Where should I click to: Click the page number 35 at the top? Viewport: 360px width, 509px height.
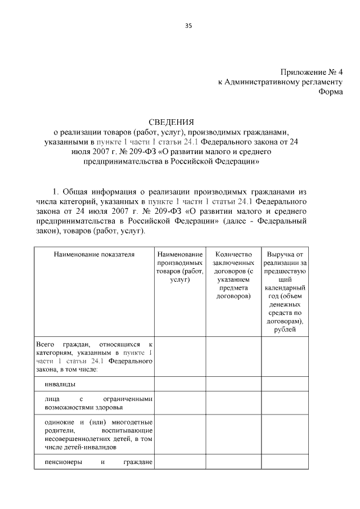coord(188,25)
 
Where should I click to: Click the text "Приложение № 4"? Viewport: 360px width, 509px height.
coord(311,72)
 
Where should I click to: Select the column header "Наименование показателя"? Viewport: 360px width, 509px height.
coord(94,254)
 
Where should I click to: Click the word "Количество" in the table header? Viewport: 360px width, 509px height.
coord(233,254)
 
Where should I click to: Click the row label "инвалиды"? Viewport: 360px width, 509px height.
coord(60,384)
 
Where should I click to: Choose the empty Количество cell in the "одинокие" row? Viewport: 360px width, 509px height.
coord(233,435)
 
